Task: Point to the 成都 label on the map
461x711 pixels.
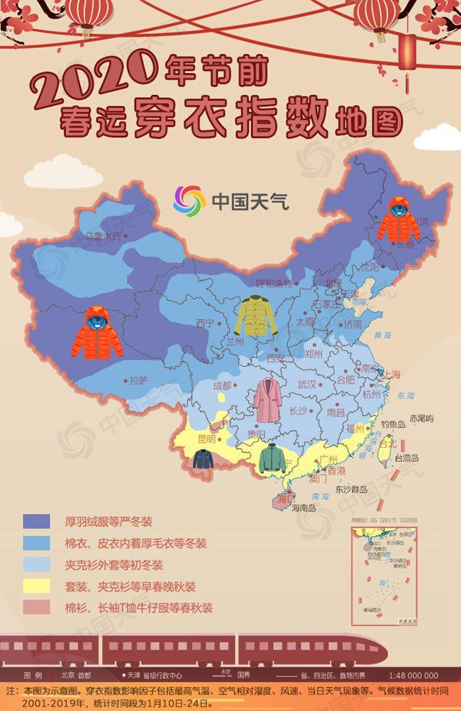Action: [222, 386]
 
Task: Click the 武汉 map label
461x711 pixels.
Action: [307, 384]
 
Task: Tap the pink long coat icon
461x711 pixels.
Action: [267, 401]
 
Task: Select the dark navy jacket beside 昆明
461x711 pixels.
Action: [204, 459]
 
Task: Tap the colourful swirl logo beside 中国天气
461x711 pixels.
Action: [189, 201]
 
